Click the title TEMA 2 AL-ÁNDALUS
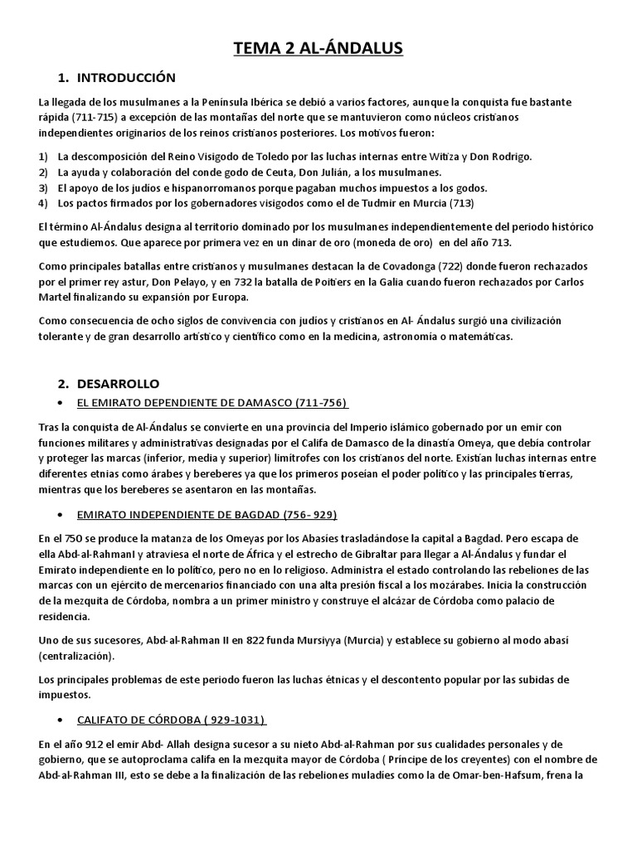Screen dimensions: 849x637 (318, 50)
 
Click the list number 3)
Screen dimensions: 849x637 (43, 187)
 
